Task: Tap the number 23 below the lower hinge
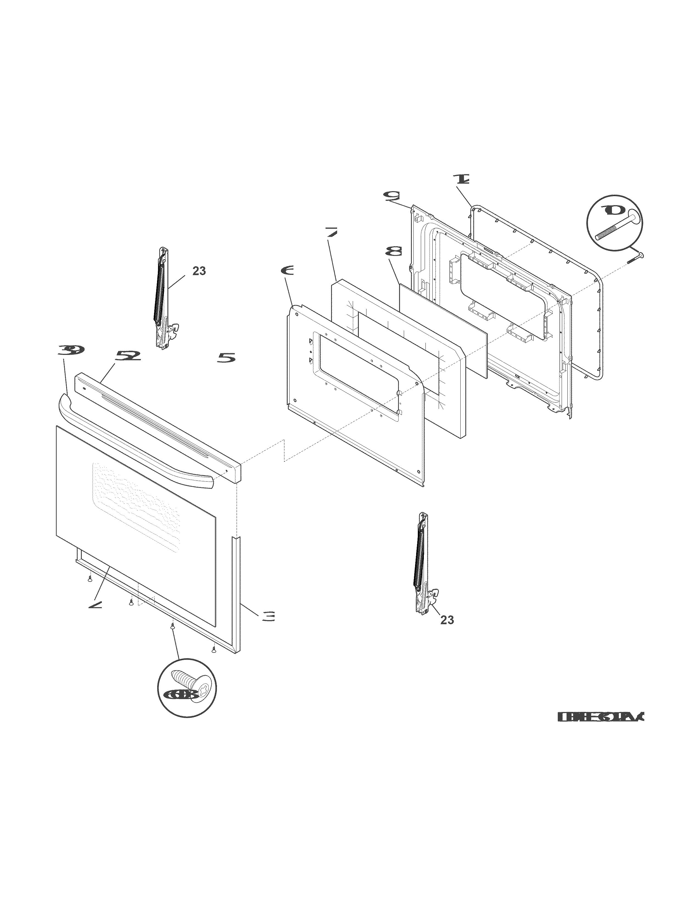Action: pos(447,632)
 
